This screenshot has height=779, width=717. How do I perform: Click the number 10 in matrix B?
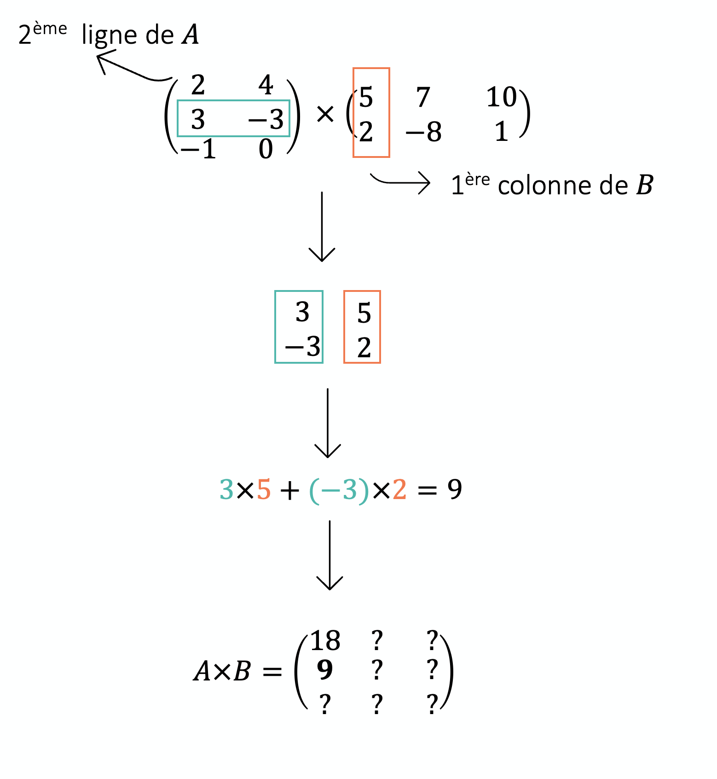tap(502, 97)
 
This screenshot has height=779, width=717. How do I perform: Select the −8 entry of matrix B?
tap(423, 132)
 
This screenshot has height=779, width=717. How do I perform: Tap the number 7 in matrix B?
tap(423, 97)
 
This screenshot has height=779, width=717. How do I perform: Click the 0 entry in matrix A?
tap(266, 149)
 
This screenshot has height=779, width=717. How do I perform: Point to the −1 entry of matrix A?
tap(198, 149)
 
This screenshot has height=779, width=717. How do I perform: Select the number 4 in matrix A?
tap(266, 85)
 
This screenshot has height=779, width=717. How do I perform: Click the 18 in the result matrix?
tap(325, 641)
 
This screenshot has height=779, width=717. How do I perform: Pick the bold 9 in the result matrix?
tap(325, 670)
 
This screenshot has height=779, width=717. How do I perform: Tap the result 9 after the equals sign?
tap(455, 489)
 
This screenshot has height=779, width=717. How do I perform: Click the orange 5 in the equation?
tap(264, 489)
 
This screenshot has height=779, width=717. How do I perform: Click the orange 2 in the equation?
tap(399, 489)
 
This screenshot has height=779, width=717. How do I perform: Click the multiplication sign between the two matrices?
tap(325, 114)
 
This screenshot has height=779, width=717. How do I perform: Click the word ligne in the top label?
tap(109, 35)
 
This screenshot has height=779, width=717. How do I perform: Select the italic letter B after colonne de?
tap(644, 185)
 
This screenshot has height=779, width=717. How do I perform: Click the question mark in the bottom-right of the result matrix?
tap(432, 704)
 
